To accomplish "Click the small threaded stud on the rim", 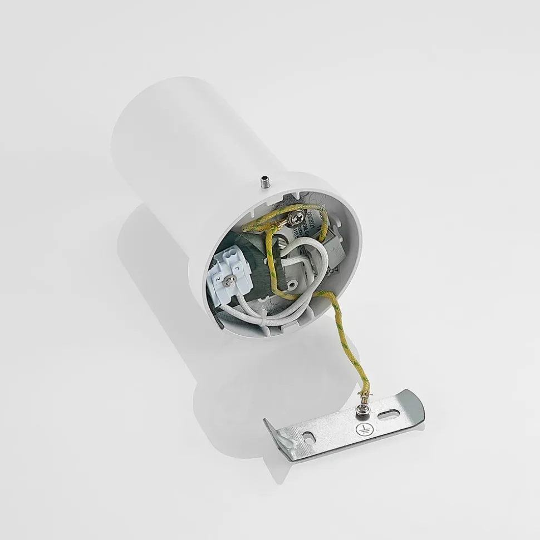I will (264, 182).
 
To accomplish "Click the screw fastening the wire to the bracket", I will (361, 410).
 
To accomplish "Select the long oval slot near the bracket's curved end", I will (388, 414).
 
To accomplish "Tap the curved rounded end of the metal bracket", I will (417, 405).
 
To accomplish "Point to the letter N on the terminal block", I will (218, 280).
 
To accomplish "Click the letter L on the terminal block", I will (238, 269).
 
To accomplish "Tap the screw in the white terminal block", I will (229, 283).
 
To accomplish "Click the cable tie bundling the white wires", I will (264, 319).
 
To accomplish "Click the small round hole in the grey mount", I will (292, 284).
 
